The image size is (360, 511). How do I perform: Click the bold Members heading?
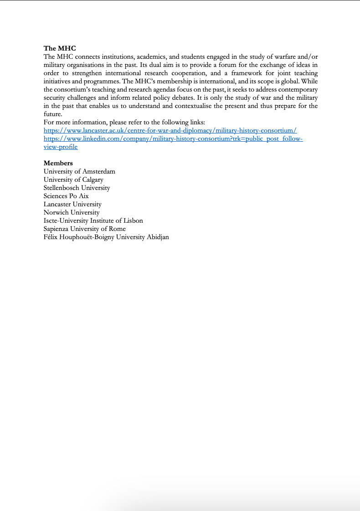[58, 163]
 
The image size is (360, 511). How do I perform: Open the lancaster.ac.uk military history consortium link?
[170, 131]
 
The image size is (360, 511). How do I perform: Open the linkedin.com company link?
[173, 139]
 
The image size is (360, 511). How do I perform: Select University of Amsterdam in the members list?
[79, 171]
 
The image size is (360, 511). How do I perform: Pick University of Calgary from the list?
[73, 179]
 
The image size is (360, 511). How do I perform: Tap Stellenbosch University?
[77, 188]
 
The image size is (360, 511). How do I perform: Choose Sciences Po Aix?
[66, 196]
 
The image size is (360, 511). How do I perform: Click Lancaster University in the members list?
[72, 204]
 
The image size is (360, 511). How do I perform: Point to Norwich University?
[72, 212]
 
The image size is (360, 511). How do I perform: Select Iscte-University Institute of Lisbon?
[93, 220]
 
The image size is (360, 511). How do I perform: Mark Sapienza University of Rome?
[84, 229]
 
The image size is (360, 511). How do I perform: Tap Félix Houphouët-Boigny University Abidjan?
[106, 237]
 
